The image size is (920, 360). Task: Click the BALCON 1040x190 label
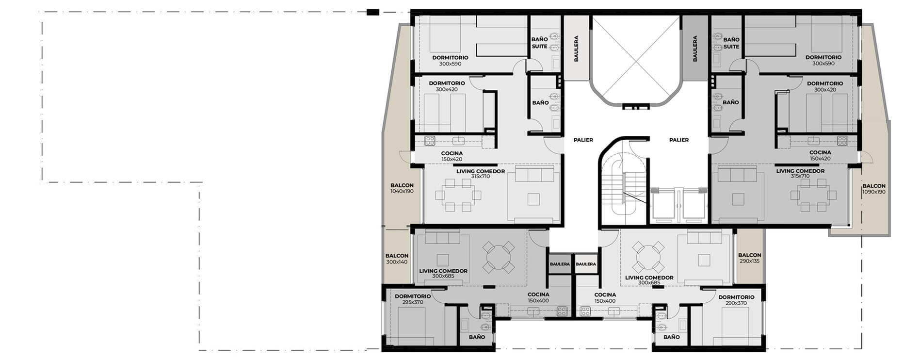point(402,188)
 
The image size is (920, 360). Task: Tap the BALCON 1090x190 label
point(874,189)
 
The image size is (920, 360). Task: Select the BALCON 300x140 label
point(397,259)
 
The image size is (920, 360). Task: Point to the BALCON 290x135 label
point(749,258)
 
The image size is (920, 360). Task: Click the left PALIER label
point(583,140)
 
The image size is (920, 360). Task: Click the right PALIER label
point(679,140)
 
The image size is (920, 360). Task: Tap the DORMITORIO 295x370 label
point(413,299)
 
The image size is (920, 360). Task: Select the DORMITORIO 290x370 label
point(736,300)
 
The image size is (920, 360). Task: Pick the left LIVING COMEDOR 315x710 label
point(480,174)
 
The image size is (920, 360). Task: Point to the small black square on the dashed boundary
point(372,12)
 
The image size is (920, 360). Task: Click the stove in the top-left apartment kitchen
point(91,141)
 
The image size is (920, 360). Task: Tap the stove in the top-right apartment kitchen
point(841,141)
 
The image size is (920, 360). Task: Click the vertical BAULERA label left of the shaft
point(576,49)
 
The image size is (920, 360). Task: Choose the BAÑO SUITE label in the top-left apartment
point(539,43)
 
